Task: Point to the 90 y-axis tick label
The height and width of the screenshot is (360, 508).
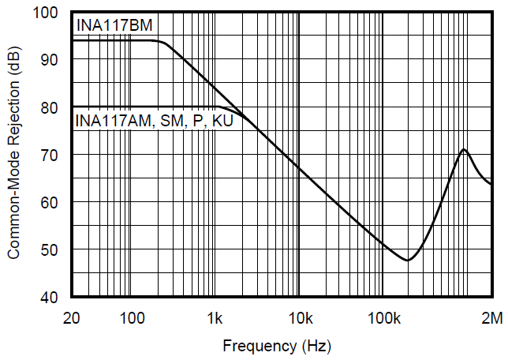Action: tap(51, 60)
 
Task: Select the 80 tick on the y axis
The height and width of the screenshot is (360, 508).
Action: tap(51, 107)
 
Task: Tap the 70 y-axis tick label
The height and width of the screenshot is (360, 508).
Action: tap(51, 155)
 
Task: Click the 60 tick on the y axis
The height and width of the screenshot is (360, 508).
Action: tap(51, 202)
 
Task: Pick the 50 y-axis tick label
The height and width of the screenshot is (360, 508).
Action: tap(51, 249)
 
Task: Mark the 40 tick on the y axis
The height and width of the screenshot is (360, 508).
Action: tap(51, 298)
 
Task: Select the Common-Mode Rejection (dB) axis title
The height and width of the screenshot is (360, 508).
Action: tap(14, 155)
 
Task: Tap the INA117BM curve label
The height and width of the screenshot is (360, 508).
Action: tap(114, 27)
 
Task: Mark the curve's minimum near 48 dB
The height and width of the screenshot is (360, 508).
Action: tap(408, 260)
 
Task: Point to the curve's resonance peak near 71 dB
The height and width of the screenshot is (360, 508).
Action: tap(464, 149)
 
